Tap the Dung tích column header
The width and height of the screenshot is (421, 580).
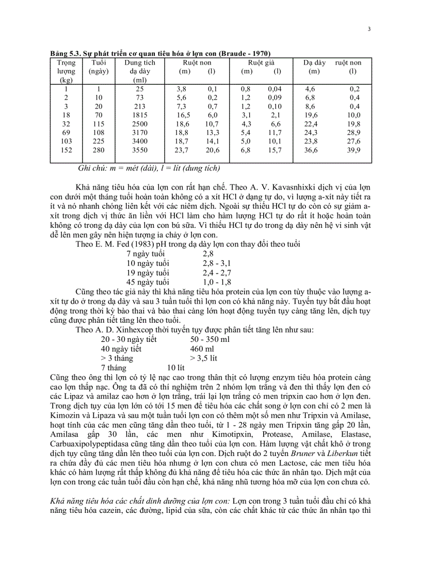point(139,62)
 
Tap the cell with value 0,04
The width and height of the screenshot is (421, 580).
point(274,89)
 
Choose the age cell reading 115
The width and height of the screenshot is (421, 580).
point(99,124)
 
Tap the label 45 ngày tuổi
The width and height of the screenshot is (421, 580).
point(148,282)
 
